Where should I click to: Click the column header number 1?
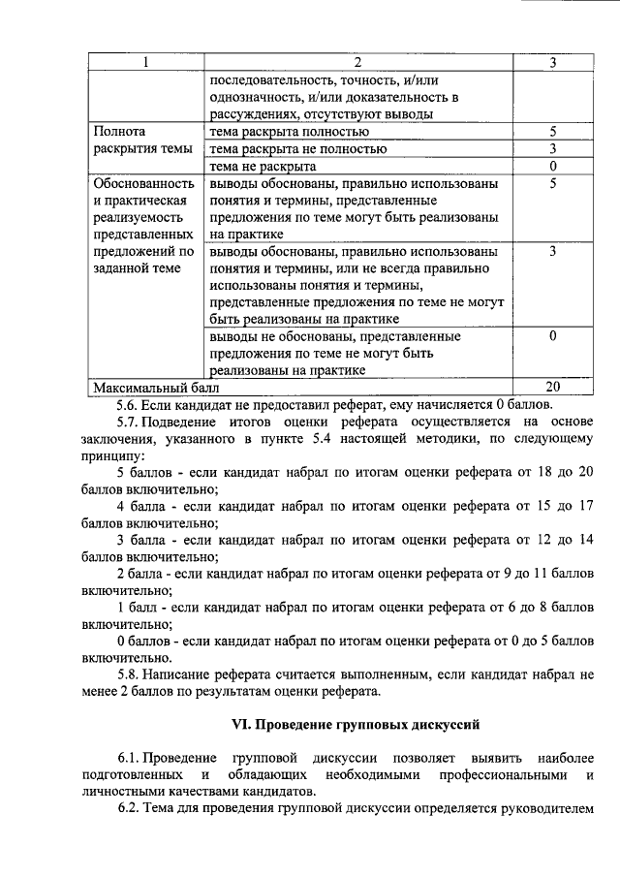click(145, 63)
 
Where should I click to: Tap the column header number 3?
click(551, 63)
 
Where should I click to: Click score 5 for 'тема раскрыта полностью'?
click(551, 132)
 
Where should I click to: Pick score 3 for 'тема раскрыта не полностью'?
click(551, 149)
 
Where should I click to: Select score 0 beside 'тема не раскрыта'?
click(551, 166)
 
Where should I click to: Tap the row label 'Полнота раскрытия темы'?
click(139, 141)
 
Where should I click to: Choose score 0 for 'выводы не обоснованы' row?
click(551, 336)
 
